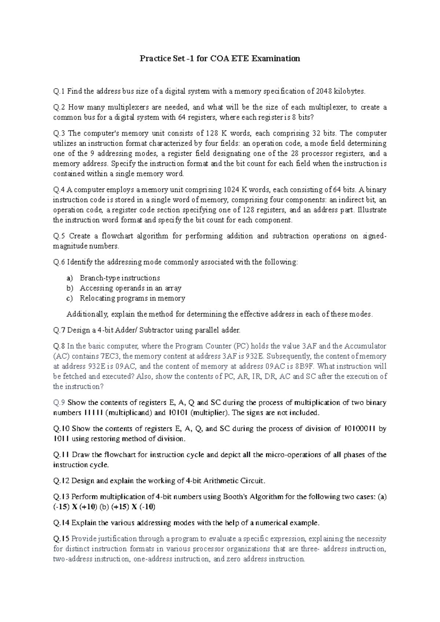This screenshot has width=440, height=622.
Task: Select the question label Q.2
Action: pos(59,107)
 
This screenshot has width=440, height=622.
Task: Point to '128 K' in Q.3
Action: pos(214,133)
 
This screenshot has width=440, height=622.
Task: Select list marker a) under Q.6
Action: pos(70,278)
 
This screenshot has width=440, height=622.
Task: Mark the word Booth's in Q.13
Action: pos(236,497)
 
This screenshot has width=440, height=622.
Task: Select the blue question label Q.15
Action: pos(61,539)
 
